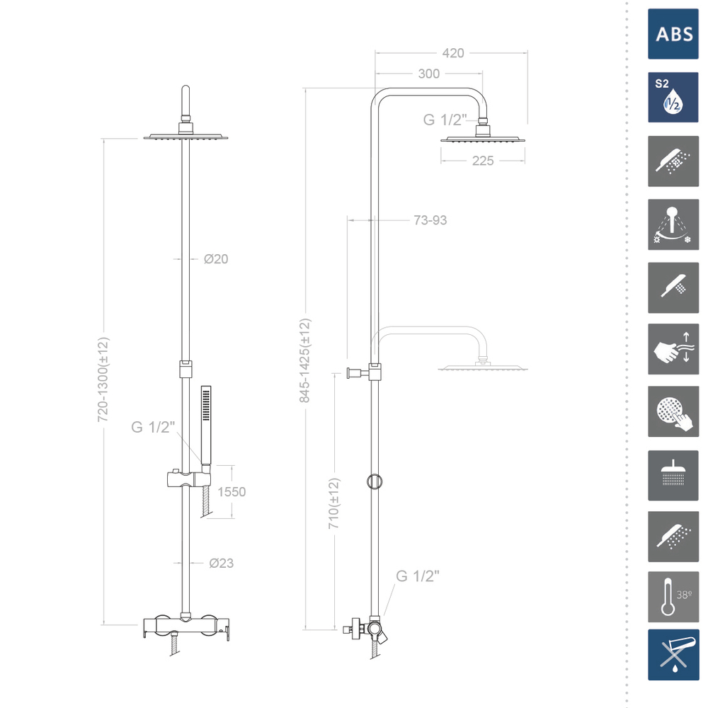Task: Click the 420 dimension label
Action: point(453,53)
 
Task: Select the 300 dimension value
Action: point(428,74)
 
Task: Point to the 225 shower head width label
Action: point(483,161)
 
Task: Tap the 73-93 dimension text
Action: point(430,220)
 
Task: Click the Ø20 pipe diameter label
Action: point(216,259)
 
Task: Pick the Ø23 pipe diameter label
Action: point(221,563)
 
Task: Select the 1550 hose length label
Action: point(232,492)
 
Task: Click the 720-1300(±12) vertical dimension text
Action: point(103,379)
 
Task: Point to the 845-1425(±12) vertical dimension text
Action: point(305,360)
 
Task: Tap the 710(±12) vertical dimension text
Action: point(333,503)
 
